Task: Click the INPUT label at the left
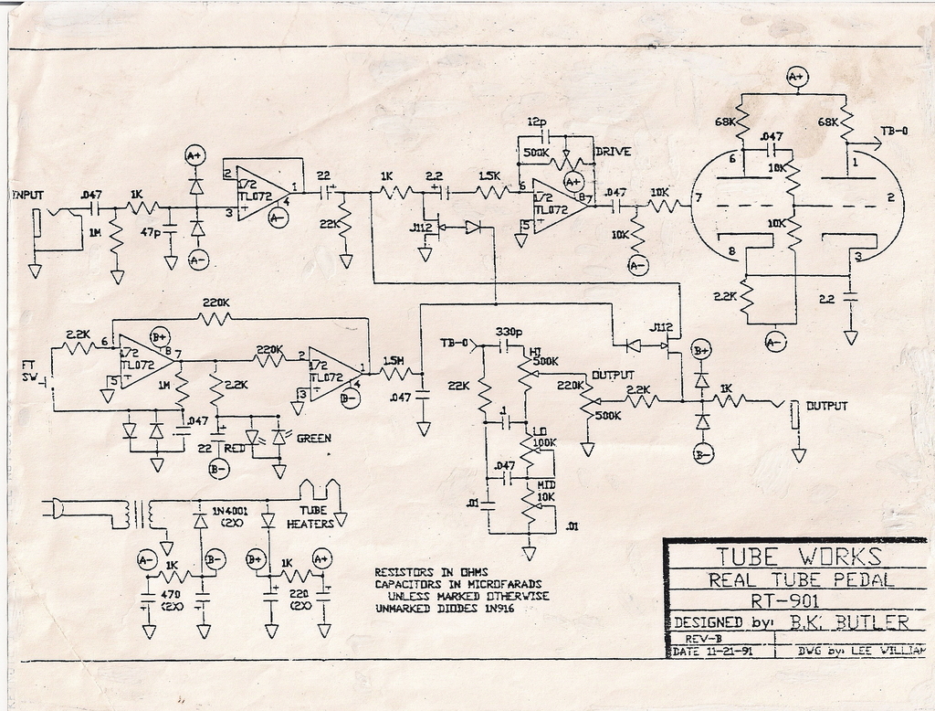pyautogui.click(x=27, y=195)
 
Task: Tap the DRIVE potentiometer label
pyautogui.click(x=613, y=151)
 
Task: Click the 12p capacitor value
pyautogui.click(x=537, y=122)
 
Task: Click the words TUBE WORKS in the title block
pyautogui.click(x=797, y=556)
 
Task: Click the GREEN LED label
pyautogui.click(x=313, y=439)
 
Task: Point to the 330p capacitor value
pyautogui.click(x=508, y=331)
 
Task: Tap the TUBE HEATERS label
pyautogui.click(x=310, y=518)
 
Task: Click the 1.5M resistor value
pyautogui.click(x=394, y=361)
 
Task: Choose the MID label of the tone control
pyautogui.click(x=547, y=483)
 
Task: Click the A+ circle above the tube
pyautogui.click(x=797, y=77)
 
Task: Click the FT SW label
pyautogui.click(x=29, y=371)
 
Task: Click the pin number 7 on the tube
pyautogui.click(x=698, y=197)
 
